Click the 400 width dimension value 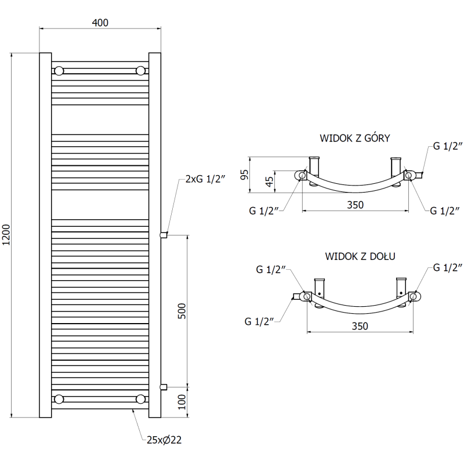coord(100,23)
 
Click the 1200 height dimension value coord(6,235)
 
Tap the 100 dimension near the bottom coord(182,402)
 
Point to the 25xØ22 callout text coord(164,440)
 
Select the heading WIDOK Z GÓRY coord(354,138)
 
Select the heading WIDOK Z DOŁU coord(360,256)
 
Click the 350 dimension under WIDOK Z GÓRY coord(355,205)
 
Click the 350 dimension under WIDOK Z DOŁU coord(360,326)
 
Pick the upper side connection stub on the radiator coord(164,235)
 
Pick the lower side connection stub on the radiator coord(164,386)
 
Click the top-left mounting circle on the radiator coord(59,71)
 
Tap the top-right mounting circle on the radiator coord(140,71)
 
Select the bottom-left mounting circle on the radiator coord(59,398)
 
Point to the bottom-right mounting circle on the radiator coord(140,398)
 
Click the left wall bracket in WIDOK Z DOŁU coord(318,288)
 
